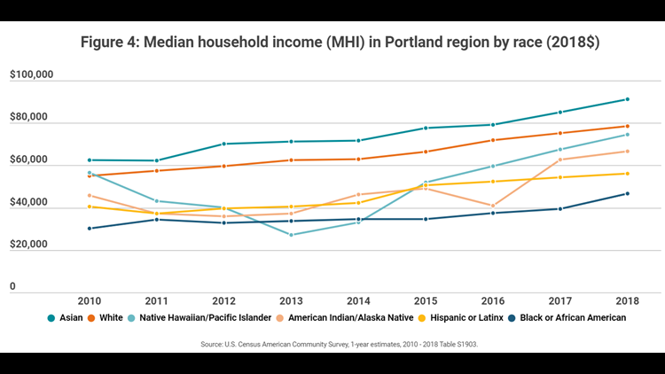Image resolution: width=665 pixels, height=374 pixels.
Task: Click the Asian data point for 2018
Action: [x=627, y=99]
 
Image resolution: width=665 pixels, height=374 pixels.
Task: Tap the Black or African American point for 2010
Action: [x=89, y=229]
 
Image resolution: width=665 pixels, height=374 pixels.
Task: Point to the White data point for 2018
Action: [x=627, y=126]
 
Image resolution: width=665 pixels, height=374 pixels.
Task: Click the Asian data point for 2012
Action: [x=223, y=144]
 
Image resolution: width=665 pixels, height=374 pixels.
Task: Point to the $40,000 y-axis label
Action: [x=32, y=203]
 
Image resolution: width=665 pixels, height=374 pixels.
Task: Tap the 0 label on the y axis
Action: [x=13, y=287]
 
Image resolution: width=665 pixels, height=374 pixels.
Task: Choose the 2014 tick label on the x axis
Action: [x=357, y=301]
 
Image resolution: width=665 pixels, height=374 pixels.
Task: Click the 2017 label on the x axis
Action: [x=559, y=301]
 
